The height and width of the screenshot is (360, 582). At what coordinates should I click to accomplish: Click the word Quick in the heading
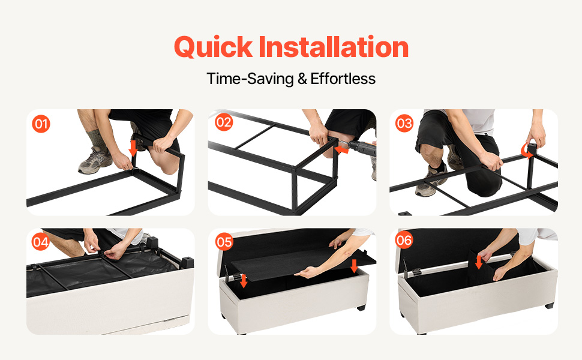pyautogui.click(x=214, y=47)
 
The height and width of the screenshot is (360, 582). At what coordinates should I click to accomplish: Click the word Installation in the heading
pyautogui.click(x=334, y=47)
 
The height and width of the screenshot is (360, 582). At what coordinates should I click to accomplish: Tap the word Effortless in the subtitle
pyautogui.click(x=343, y=79)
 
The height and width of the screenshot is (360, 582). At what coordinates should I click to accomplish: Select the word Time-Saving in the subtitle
pyautogui.click(x=250, y=79)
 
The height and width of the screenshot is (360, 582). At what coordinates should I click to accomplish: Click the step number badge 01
pyautogui.click(x=41, y=124)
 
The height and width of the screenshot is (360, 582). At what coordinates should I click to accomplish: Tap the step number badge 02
pyautogui.click(x=224, y=122)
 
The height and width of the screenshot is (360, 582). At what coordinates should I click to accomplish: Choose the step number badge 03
pyautogui.click(x=404, y=123)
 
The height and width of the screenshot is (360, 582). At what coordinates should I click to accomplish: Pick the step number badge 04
pyautogui.click(x=40, y=242)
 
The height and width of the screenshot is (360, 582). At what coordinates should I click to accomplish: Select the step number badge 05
pyautogui.click(x=224, y=242)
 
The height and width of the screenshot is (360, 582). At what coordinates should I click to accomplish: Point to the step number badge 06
pyautogui.click(x=404, y=240)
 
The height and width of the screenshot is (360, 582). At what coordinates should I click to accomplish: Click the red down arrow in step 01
pyautogui.click(x=133, y=148)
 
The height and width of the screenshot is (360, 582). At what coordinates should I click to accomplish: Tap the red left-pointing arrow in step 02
pyautogui.click(x=341, y=149)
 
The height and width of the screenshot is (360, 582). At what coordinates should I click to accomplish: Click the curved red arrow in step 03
pyautogui.click(x=525, y=151)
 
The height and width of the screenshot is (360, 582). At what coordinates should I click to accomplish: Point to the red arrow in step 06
pyautogui.click(x=479, y=261)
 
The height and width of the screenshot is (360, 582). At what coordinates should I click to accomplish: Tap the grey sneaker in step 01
pyautogui.click(x=95, y=160)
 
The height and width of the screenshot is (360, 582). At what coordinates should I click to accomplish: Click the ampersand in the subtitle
pyautogui.click(x=302, y=79)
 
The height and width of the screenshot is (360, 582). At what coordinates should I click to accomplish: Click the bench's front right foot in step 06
pyautogui.click(x=549, y=305)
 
